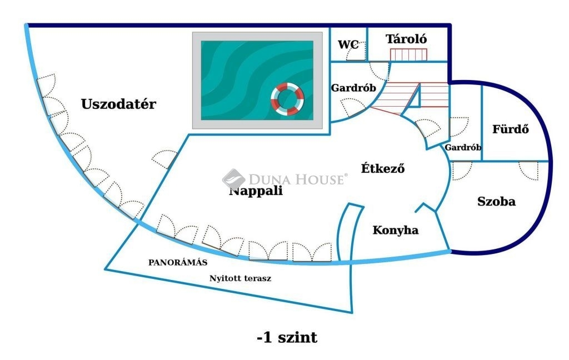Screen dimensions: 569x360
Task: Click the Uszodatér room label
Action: pyautogui.click(x=118, y=104)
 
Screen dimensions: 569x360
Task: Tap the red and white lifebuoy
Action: pyautogui.click(x=287, y=99)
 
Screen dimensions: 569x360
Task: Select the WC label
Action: pyautogui.click(x=348, y=44)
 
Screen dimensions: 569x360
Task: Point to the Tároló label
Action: pyautogui.click(x=406, y=39)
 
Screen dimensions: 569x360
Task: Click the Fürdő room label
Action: pyautogui.click(x=511, y=129)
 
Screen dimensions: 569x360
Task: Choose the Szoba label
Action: pyautogui.click(x=496, y=202)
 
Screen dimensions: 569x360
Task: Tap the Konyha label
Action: pyautogui.click(x=396, y=230)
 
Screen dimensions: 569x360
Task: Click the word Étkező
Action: pyautogui.click(x=383, y=168)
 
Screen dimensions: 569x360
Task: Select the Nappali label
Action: pyautogui.click(x=256, y=191)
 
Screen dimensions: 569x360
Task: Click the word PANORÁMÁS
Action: pyautogui.click(x=178, y=262)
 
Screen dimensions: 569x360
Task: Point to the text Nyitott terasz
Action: pyautogui.click(x=240, y=278)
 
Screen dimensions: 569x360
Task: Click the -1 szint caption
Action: pyautogui.click(x=287, y=338)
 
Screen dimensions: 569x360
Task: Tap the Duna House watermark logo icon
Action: pyautogui.click(x=233, y=179)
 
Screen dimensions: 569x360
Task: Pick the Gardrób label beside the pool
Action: pyautogui.click(x=353, y=88)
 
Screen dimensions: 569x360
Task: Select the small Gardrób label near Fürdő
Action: pyautogui.click(x=463, y=147)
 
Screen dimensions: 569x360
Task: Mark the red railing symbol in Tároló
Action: pyautogui.click(x=408, y=54)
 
